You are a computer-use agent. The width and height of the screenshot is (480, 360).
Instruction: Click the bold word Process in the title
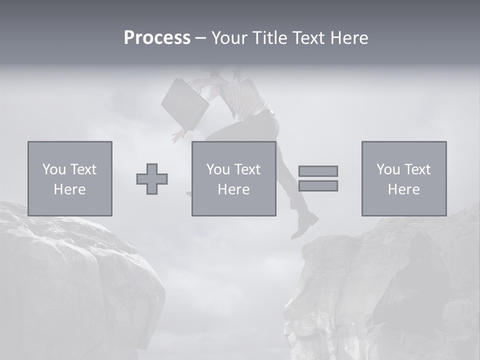157,38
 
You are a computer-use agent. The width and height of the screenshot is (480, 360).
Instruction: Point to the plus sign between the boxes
152,179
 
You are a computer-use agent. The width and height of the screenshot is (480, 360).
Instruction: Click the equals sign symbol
318,178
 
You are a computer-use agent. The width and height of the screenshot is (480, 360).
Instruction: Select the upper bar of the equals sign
318,171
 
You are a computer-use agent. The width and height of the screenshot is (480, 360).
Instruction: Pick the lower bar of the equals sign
318,186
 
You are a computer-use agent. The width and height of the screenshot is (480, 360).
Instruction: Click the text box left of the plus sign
70,178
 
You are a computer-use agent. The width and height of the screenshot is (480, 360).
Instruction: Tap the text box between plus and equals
234,178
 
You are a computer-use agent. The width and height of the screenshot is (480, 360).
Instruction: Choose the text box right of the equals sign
404,178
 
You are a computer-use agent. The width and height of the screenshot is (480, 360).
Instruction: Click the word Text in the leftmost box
83,169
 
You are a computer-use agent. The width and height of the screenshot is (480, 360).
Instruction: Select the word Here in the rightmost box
404,189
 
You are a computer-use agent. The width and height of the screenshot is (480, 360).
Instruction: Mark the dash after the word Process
200,38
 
